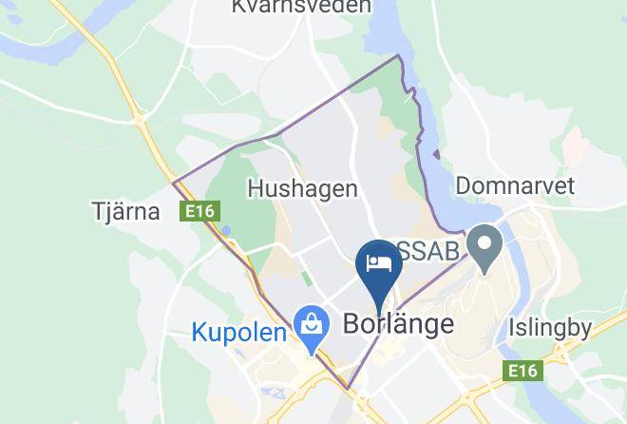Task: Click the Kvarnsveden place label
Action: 287,8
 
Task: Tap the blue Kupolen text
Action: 238,333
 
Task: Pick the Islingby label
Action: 550,329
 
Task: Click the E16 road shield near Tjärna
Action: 199,212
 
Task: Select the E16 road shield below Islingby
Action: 524,369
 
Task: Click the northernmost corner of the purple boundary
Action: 399,56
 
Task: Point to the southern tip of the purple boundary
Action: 350,388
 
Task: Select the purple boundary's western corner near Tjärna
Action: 173,183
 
